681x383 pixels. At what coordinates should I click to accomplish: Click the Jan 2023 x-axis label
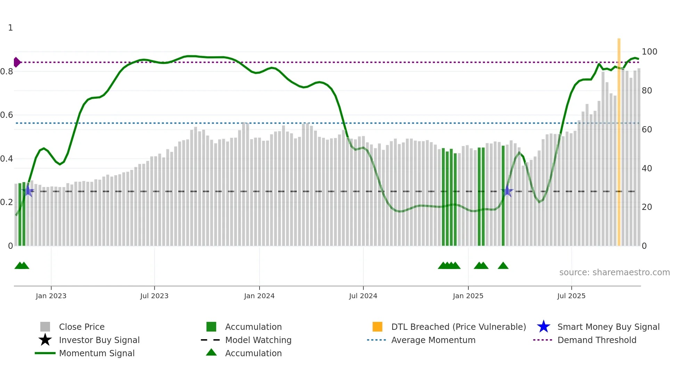(x=51, y=296)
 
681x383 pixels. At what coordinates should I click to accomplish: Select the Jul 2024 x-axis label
(x=363, y=296)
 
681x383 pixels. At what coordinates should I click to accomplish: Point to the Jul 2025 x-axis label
(x=571, y=296)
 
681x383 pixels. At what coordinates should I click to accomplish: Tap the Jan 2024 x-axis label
(x=259, y=296)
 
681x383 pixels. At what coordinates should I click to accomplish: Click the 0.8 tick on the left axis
(x=7, y=72)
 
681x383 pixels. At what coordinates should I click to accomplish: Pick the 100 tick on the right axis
(x=649, y=52)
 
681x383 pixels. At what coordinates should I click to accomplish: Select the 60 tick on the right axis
(x=647, y=130)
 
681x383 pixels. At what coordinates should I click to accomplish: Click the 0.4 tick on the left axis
(x=7, y=159)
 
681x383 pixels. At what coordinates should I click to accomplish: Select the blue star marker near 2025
(x=507, y=191)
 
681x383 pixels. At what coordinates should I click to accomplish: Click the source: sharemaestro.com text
(x=614, y=272)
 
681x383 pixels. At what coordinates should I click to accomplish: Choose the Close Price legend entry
(x=82, y=327)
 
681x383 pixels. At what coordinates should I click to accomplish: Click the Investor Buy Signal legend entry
(x=99, y=340)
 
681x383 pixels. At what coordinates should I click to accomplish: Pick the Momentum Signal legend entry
(x=97, y=353)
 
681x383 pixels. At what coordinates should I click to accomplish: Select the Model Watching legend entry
(x=258, y=340)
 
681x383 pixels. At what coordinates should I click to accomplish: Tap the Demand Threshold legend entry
(x=597, y=340)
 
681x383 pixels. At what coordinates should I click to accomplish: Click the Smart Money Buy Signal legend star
(x=543, y=327)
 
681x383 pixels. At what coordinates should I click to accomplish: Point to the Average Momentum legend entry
(x=433, y=340)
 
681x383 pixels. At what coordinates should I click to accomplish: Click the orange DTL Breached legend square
(x=377, y=327)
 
